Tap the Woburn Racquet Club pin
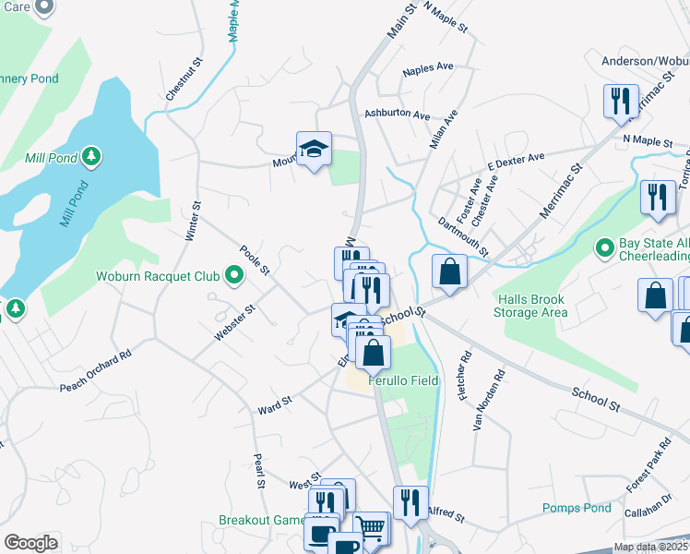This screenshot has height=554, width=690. tap(234, 275)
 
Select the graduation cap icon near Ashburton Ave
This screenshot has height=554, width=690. tap(314, 149)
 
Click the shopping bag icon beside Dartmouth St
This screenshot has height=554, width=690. tap(449, 271)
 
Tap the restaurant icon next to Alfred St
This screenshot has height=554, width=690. tap(410, 503)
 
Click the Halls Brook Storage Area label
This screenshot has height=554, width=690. tap(530, 306)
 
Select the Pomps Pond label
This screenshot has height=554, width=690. tap(577, 508)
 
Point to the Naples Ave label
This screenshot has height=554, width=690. tap(428, 69)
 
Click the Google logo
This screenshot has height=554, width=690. tap(30, 542)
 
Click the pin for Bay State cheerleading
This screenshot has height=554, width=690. tap(604, 248)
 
